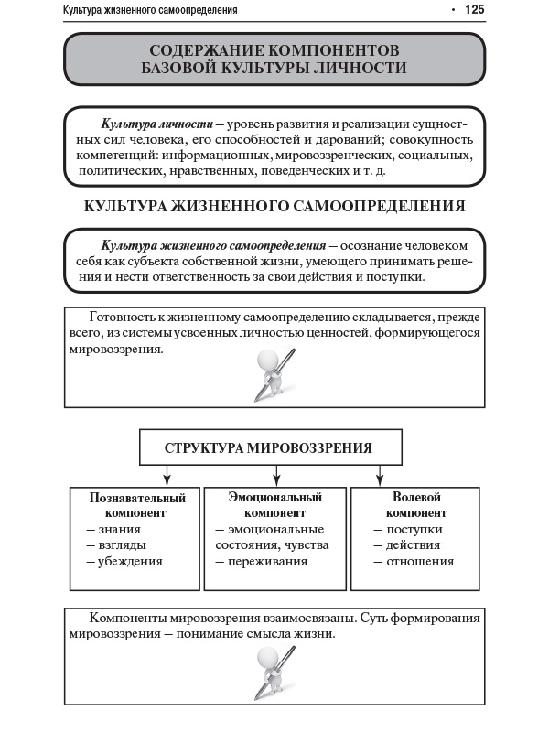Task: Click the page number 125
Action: [474, 10]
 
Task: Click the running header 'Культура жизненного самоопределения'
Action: [150, 11]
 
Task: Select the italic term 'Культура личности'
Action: [157, 123]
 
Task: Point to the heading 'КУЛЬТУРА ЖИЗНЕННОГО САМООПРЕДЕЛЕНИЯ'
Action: [274, 207]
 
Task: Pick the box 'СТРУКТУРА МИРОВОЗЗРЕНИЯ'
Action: [268, 448]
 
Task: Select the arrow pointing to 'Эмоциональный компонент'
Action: [275, 476]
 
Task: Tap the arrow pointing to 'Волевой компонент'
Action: [380, 476]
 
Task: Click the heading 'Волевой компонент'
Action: [416, 505]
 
